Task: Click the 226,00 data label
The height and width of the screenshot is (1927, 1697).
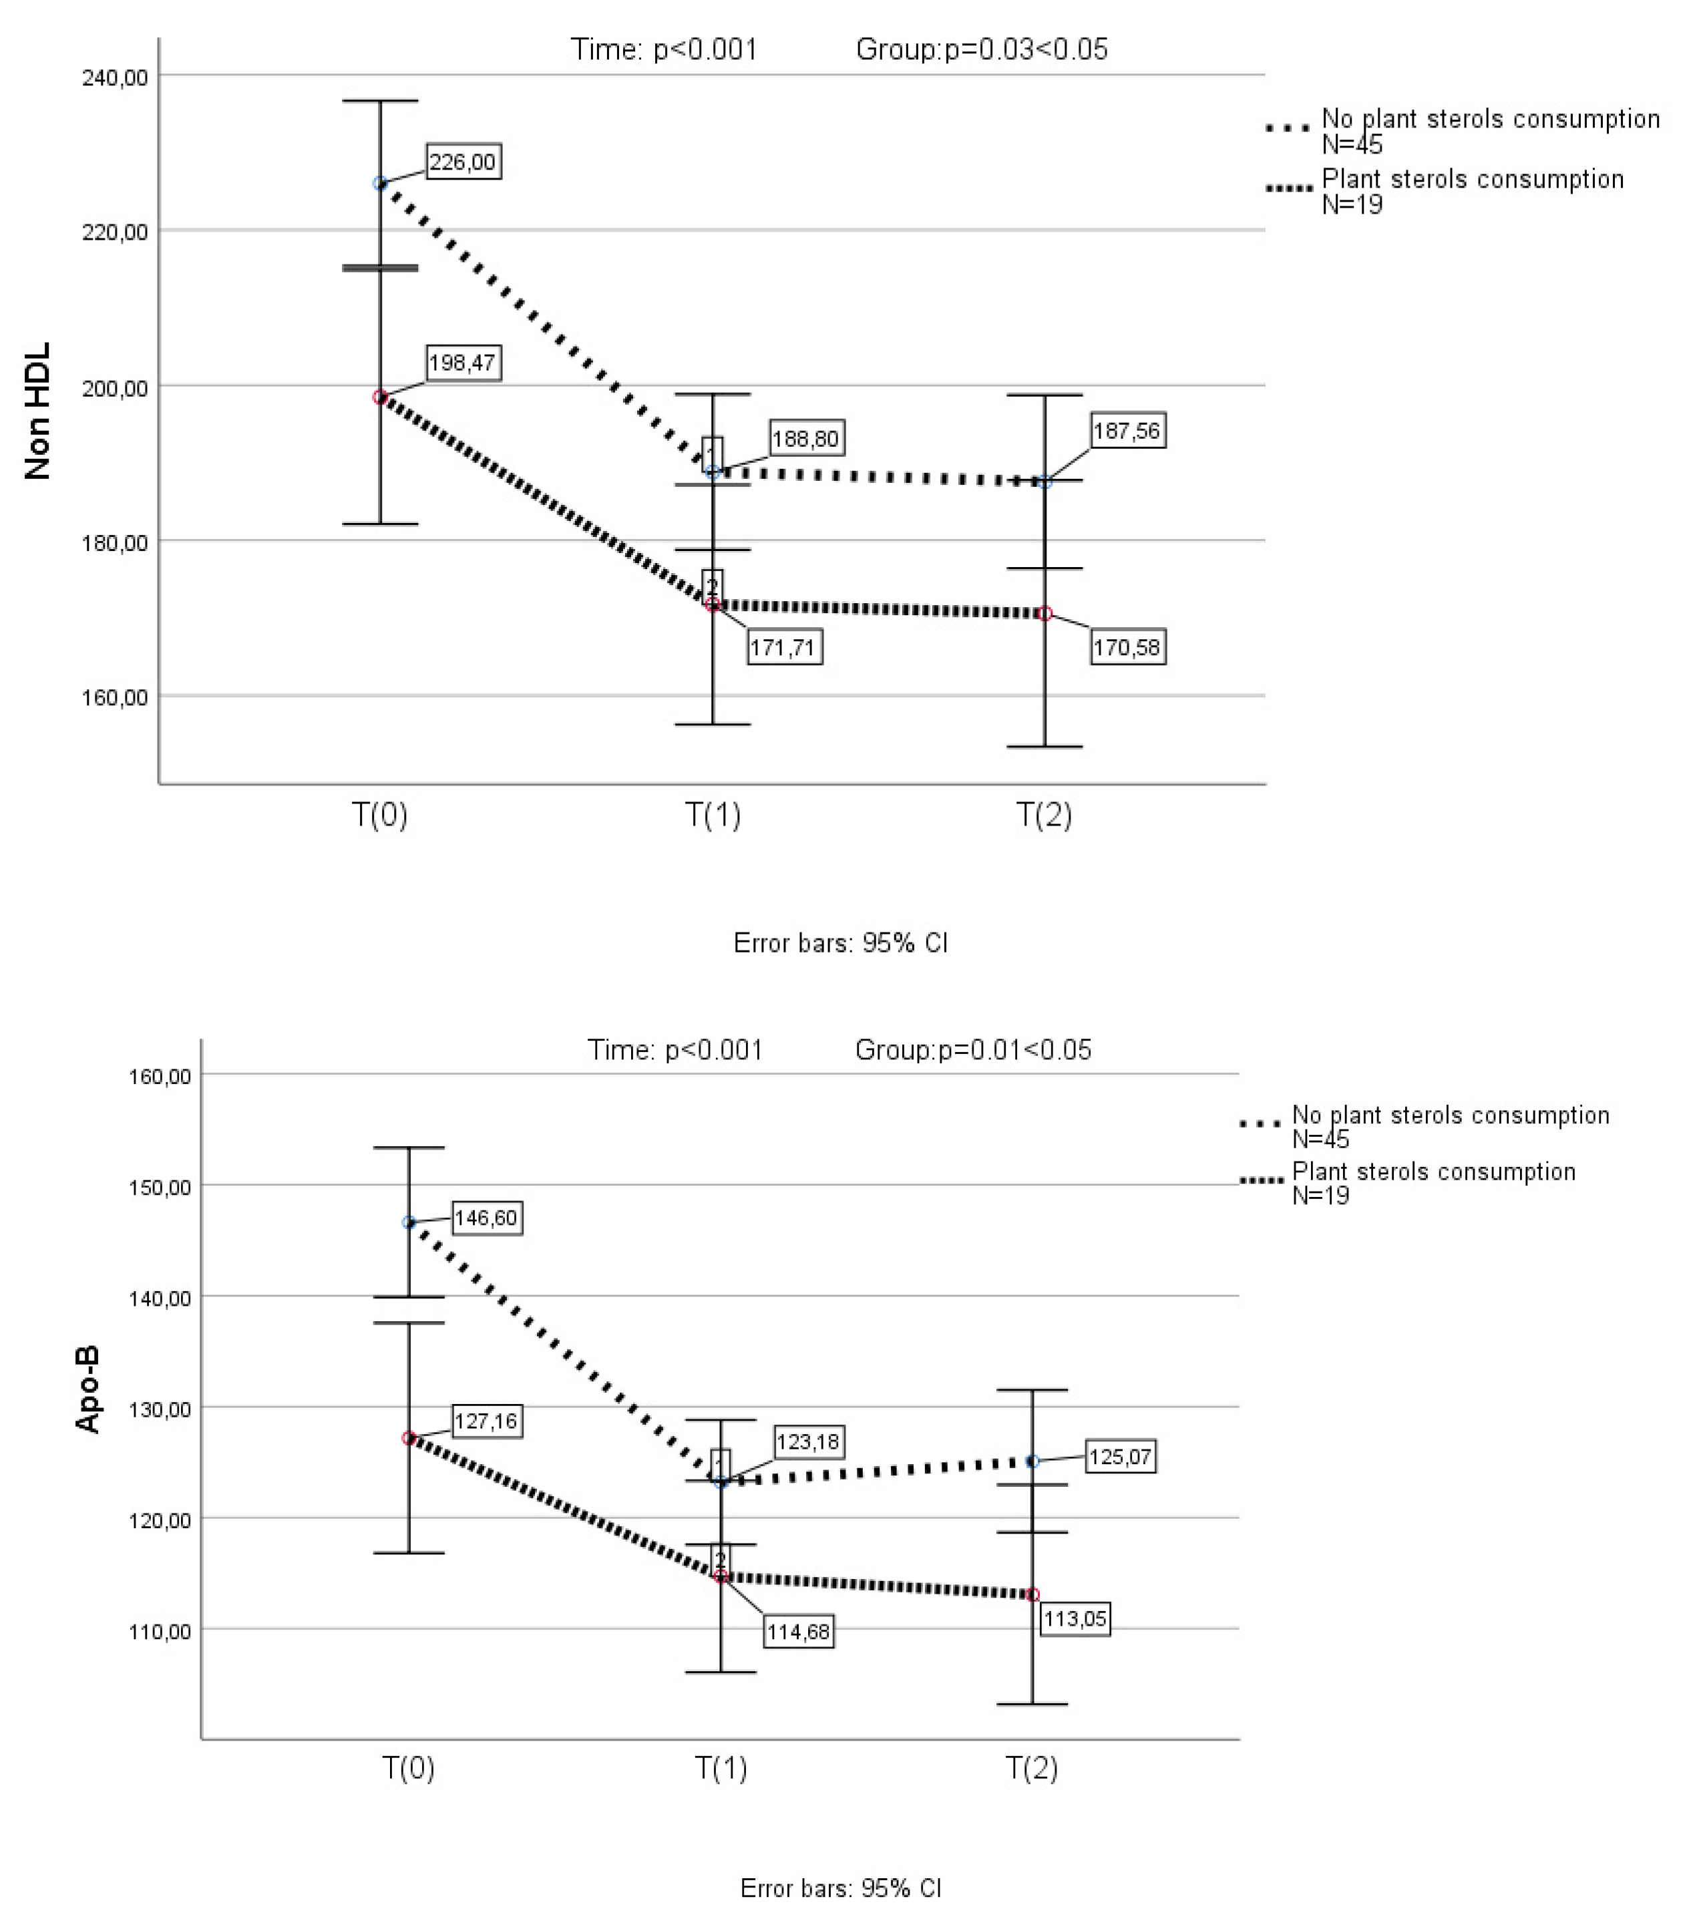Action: [x=462, y=162]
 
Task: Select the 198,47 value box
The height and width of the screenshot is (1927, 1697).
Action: [x=462, y=363]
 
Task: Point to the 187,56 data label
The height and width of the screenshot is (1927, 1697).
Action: [x=1127, y=431]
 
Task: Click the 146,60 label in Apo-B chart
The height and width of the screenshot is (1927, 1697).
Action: [x=486, y=1218]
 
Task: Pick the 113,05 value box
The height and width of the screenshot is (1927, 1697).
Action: [x=1075, y=1620]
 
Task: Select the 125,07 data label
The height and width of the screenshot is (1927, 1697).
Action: [x=1120, y=1457]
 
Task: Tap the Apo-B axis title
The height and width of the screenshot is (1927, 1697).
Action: [x=87, y=1391]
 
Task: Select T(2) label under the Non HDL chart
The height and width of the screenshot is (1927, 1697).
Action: [x=1044, y=814]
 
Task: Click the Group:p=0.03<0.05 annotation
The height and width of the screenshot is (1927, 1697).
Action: [x=982, y=49]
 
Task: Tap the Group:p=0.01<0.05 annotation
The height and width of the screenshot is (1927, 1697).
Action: [x=973, y=1050]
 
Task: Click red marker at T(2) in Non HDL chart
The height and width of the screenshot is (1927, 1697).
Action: [x=1045, y=614]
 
